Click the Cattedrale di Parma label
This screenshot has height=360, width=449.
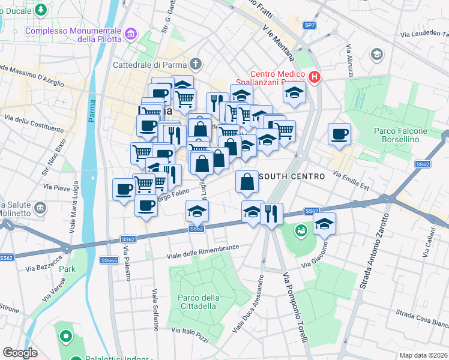point(150,64)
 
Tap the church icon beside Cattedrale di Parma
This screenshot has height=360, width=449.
point(196,64)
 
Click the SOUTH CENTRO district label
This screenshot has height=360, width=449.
point(291,176)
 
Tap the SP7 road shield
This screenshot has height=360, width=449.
point(309,25)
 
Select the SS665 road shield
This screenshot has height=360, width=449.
point(109,260)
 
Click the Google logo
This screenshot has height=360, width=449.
point(20,352)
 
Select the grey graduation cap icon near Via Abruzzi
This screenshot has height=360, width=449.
point(377,55)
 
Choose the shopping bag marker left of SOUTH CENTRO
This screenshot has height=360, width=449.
point(247,181)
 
